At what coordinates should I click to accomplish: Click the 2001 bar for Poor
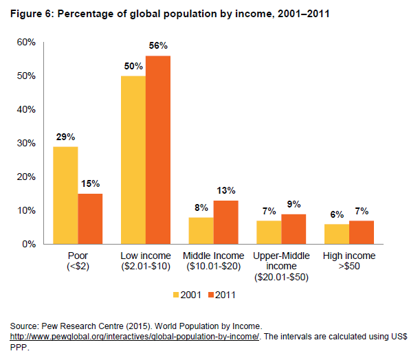tap(66, 195)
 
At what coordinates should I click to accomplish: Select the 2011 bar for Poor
tap(91, 218)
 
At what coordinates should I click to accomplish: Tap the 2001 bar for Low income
tap(133, 159)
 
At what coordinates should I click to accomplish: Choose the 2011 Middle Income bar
tap(225, 222)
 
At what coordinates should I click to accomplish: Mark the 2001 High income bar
tap(336, 234)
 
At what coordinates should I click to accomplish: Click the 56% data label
tap(158, 45)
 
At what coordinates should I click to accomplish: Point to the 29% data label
tap(66, 137)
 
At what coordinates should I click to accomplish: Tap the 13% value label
tap(225, 190)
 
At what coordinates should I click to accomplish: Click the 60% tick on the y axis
tap(26, 43)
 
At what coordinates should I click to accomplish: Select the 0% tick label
tap(29, 244)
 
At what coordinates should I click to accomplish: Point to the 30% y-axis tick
tap(26, 143)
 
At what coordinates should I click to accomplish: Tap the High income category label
tap(349, 261)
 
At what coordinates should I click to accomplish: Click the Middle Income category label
tap(213, 261)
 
